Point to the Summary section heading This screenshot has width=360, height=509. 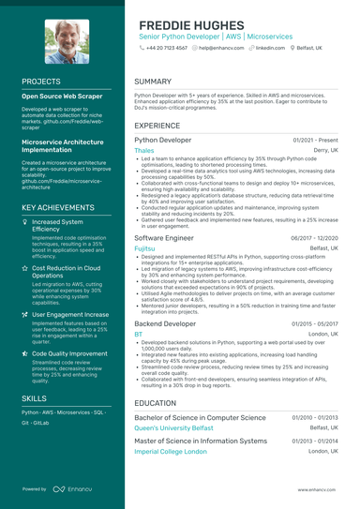coord(153,82)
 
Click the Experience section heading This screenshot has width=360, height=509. coord(157,125)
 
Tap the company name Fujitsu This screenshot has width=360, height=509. coord(143,248)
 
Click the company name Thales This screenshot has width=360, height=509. coord(144,150)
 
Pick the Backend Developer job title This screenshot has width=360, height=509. coord(165,323)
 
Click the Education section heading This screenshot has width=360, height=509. coord(155,403)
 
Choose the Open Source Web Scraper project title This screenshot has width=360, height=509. coord(62,96)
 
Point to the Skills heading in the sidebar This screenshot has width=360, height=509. coord(34,398)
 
